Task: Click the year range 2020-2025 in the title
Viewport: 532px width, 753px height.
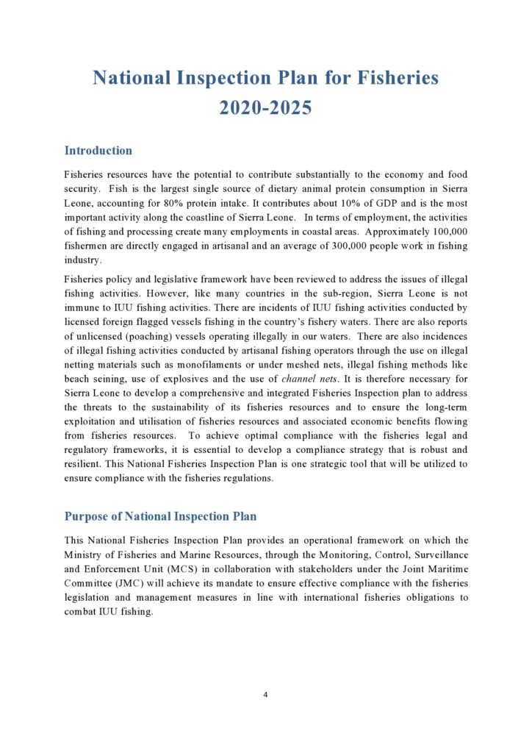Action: (x=265, y=107)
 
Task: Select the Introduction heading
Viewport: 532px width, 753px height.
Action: (x=98, y=151)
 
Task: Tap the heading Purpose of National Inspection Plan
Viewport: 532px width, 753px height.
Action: (x=160, y=516)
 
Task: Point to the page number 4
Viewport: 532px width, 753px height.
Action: (x=265, y=693)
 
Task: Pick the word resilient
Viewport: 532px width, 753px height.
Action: (x=84, y=463)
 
